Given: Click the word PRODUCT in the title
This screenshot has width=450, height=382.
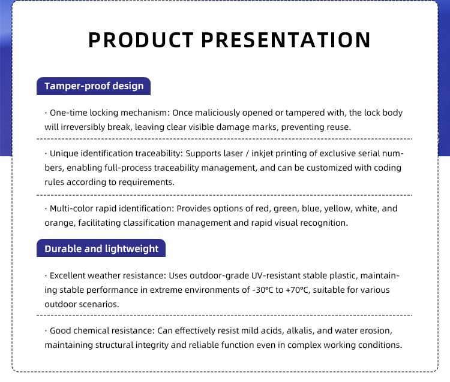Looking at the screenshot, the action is [x=141, y=40].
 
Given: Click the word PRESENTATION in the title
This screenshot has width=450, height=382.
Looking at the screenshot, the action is [x=286, y=40].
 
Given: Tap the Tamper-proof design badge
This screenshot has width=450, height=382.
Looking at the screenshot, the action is [x=94, y=86].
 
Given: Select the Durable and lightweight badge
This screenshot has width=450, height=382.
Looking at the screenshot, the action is [x=101, y=248].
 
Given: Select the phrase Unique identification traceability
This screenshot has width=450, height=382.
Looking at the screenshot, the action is [x=115, y=153].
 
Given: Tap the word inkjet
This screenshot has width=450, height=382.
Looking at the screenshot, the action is [x=262, y=154].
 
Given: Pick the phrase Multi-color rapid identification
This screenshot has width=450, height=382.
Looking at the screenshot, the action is [x=111, y=208].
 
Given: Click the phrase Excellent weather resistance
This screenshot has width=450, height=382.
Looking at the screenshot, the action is [x=107, y=275].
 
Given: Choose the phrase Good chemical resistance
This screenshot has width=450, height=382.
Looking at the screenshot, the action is [x=102, y=331].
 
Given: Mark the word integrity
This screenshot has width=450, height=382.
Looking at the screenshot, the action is [x=152, y=345].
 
